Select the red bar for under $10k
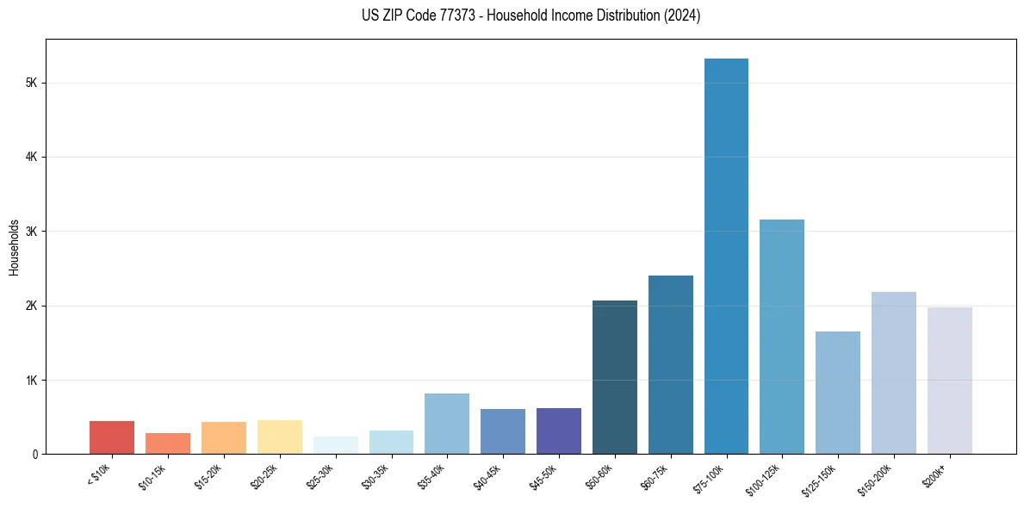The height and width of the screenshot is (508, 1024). coord(112,437)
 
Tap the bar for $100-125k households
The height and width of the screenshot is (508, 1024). coord(782,337)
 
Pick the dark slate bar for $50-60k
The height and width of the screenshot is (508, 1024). coord(615,377)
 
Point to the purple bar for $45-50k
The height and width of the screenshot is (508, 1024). coord(559,431)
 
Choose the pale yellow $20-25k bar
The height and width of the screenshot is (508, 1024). coord(280,437)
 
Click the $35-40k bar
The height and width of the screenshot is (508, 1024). coord(447,424)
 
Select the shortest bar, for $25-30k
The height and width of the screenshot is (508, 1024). coord(336,445)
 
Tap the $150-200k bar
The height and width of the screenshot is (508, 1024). coord(894,373)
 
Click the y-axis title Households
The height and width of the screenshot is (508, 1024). coord(14,248)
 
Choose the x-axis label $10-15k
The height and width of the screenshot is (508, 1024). coord(153,475)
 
